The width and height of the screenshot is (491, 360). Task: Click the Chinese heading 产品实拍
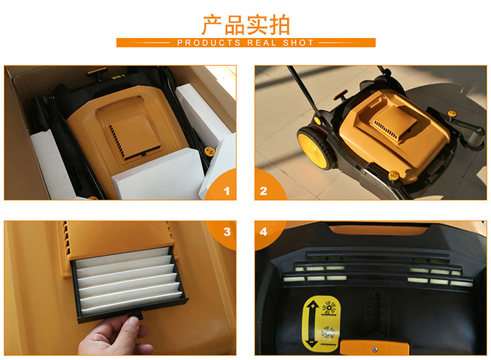(245, 25)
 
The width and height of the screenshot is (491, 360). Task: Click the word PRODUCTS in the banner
(209, 43)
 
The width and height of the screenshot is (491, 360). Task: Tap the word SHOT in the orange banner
(298, 43)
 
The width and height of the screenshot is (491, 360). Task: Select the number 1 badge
(227, 191)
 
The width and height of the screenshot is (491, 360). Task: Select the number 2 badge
(263, 191)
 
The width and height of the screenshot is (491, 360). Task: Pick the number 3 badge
(227, 232)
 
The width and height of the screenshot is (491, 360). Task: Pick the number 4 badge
(263, 232)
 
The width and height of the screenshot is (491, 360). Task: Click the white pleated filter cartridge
(129, 280)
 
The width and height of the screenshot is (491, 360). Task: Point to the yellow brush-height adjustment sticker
(321, 323)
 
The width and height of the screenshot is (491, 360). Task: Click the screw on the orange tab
(374, 349)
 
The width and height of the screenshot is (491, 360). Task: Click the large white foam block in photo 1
(159, 175)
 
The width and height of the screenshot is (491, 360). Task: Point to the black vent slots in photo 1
(117, 141)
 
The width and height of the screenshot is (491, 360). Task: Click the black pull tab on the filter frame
(136, 315)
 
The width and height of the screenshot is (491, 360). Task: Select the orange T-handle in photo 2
(341, 94)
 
